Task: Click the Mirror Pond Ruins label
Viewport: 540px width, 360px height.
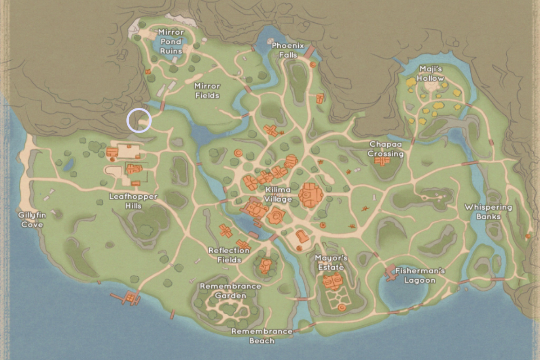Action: coord(171,41)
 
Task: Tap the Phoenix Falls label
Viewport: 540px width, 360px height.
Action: coord(288,50)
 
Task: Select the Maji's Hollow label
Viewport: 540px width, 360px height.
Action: coord(431,73)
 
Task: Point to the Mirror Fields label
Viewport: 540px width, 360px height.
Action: coord(207,90)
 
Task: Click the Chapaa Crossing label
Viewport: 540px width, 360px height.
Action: coord(386,149)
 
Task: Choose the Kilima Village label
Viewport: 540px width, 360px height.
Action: coord(278,194)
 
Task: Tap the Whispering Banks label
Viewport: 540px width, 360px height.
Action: coord(488,211)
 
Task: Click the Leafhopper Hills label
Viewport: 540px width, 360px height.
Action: coord(133,201)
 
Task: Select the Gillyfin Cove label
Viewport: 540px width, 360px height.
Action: coord(31,220)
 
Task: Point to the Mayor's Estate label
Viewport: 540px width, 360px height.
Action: coord(331,262)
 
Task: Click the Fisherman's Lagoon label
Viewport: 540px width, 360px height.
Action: coord(419,275)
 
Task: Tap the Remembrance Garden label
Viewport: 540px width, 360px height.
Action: coord(230,291)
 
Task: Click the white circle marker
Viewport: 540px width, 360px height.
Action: coord(139,121)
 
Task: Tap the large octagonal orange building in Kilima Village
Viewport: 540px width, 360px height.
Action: coord(310,195)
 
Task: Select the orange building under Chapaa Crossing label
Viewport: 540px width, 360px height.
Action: coord(382,161)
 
